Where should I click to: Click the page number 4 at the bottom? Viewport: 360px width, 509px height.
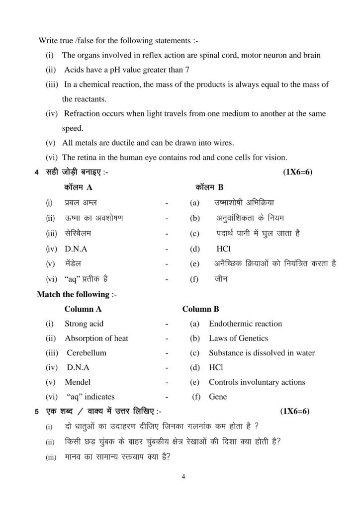point(183,477)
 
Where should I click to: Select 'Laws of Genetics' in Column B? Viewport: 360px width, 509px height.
point(238,339)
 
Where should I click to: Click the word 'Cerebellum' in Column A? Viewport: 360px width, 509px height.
point(86,353)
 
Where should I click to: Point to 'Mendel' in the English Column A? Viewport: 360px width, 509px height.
point(77,382)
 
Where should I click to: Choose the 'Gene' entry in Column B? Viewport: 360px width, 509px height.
point(218,397)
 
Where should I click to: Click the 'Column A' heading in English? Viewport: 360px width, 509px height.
point(83,309)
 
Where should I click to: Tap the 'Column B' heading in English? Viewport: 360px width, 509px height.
point(200,309)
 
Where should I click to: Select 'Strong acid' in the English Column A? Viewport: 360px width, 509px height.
point(84,324)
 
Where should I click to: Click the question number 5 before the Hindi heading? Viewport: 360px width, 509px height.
point(37,412)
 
